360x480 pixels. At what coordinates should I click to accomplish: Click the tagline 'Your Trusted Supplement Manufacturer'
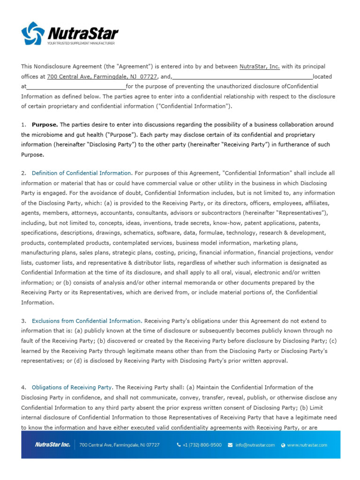pos(81,43)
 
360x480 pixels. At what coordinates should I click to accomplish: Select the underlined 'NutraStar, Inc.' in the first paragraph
pos(260,67)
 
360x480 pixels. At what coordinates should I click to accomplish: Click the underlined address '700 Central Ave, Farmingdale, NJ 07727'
pos(102,76)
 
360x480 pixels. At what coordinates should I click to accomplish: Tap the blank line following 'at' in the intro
pos(76,86)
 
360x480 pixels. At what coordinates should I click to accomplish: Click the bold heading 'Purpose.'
pos(45,125)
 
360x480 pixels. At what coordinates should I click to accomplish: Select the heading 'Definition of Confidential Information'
pos(81,173)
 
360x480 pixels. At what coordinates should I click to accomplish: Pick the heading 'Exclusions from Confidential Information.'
pos(87,321)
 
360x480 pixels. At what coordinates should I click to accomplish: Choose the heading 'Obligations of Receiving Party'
pos(72,388)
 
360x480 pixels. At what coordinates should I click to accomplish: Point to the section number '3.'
pos(23,321)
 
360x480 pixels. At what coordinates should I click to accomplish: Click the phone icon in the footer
pos(179,445)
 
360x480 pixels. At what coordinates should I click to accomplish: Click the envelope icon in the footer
pos(230,445)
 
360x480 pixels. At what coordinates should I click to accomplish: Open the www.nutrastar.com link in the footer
pos(307,445)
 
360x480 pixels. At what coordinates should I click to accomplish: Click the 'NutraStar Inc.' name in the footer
pos(53,445)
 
